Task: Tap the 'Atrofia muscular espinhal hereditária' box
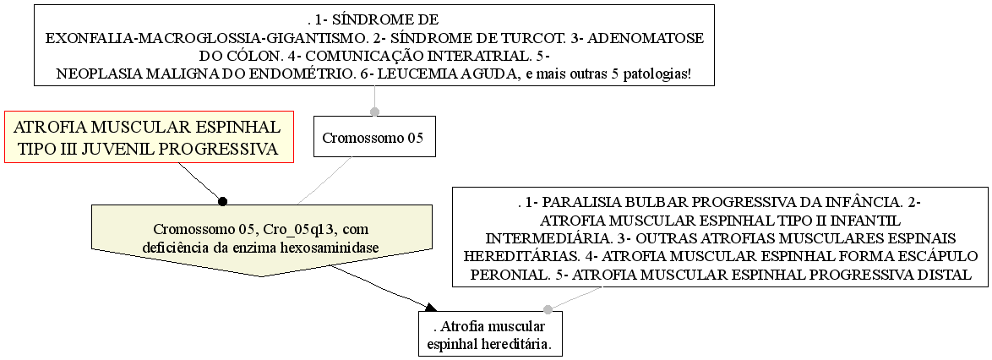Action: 490,334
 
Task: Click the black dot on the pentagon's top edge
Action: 222,201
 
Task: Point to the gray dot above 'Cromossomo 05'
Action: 374,112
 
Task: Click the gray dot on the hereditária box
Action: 548,309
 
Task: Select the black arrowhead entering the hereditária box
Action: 430,308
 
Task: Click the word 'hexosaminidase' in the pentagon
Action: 334,248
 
